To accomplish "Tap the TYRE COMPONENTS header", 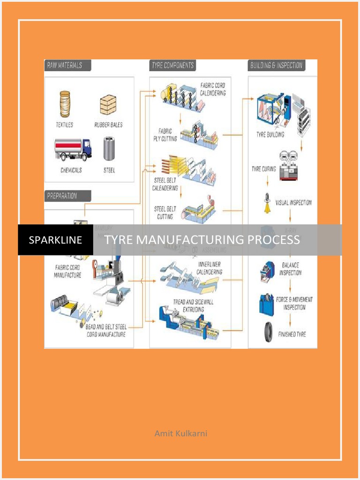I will [173, 65].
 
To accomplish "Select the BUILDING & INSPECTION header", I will [276, 65].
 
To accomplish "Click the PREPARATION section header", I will [61, 195].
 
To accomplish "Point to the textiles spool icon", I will [65, 104].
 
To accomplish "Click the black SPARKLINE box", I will [55, 240].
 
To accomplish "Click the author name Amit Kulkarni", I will [180, 433].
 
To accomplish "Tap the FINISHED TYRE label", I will [292, 334].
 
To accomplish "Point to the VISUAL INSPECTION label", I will [293, 203].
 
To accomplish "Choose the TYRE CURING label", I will [263, 169].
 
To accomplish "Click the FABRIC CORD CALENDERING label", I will [213, 89].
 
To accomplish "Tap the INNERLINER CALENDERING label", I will [209, 268].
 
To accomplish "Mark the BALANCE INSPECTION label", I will [290, 269].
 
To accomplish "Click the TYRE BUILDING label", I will [270, 135].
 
